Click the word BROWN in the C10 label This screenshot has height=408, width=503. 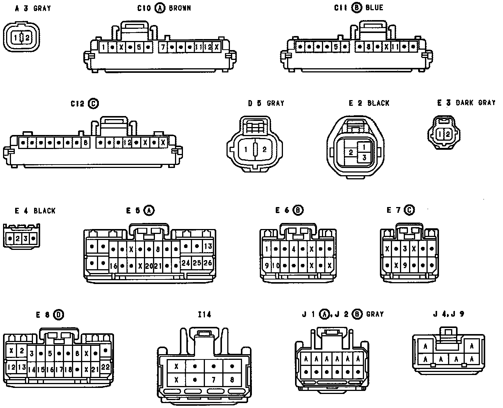click(180, 8)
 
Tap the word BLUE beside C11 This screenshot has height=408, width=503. click(375, 8)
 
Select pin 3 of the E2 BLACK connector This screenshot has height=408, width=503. click(364, 157)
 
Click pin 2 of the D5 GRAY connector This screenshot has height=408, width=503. click(264, 149)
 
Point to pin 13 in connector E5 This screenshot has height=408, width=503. click(208, 246)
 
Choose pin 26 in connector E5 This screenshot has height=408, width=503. click(208, 263)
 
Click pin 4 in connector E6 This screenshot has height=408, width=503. click(294, 250)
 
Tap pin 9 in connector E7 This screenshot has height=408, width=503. click(405, 265)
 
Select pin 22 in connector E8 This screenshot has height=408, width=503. click(105, 367)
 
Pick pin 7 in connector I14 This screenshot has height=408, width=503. click(214, 380)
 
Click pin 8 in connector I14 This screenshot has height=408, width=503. click(232, 380)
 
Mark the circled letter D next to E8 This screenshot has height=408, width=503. click(59, 314)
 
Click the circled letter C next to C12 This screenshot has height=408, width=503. click(93, 103)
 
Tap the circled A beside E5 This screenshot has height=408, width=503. click(150, 210)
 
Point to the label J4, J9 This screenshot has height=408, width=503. click(449, 314)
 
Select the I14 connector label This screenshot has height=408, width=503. click(204, 314)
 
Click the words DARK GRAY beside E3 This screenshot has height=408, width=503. click(475, 102)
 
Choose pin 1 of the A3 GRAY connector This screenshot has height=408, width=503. click(16, 38)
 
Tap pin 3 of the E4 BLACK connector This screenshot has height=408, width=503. click(26, 239)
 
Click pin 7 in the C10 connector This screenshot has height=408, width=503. click(162, 47)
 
